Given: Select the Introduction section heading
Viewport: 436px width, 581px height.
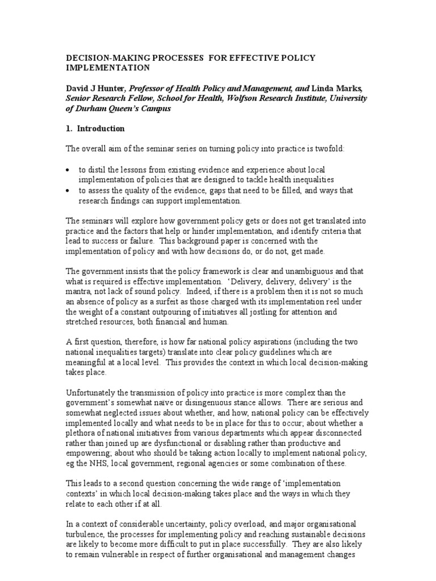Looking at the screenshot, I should pos(102,129).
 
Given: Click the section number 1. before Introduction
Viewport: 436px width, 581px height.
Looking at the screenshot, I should pos(70,129).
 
